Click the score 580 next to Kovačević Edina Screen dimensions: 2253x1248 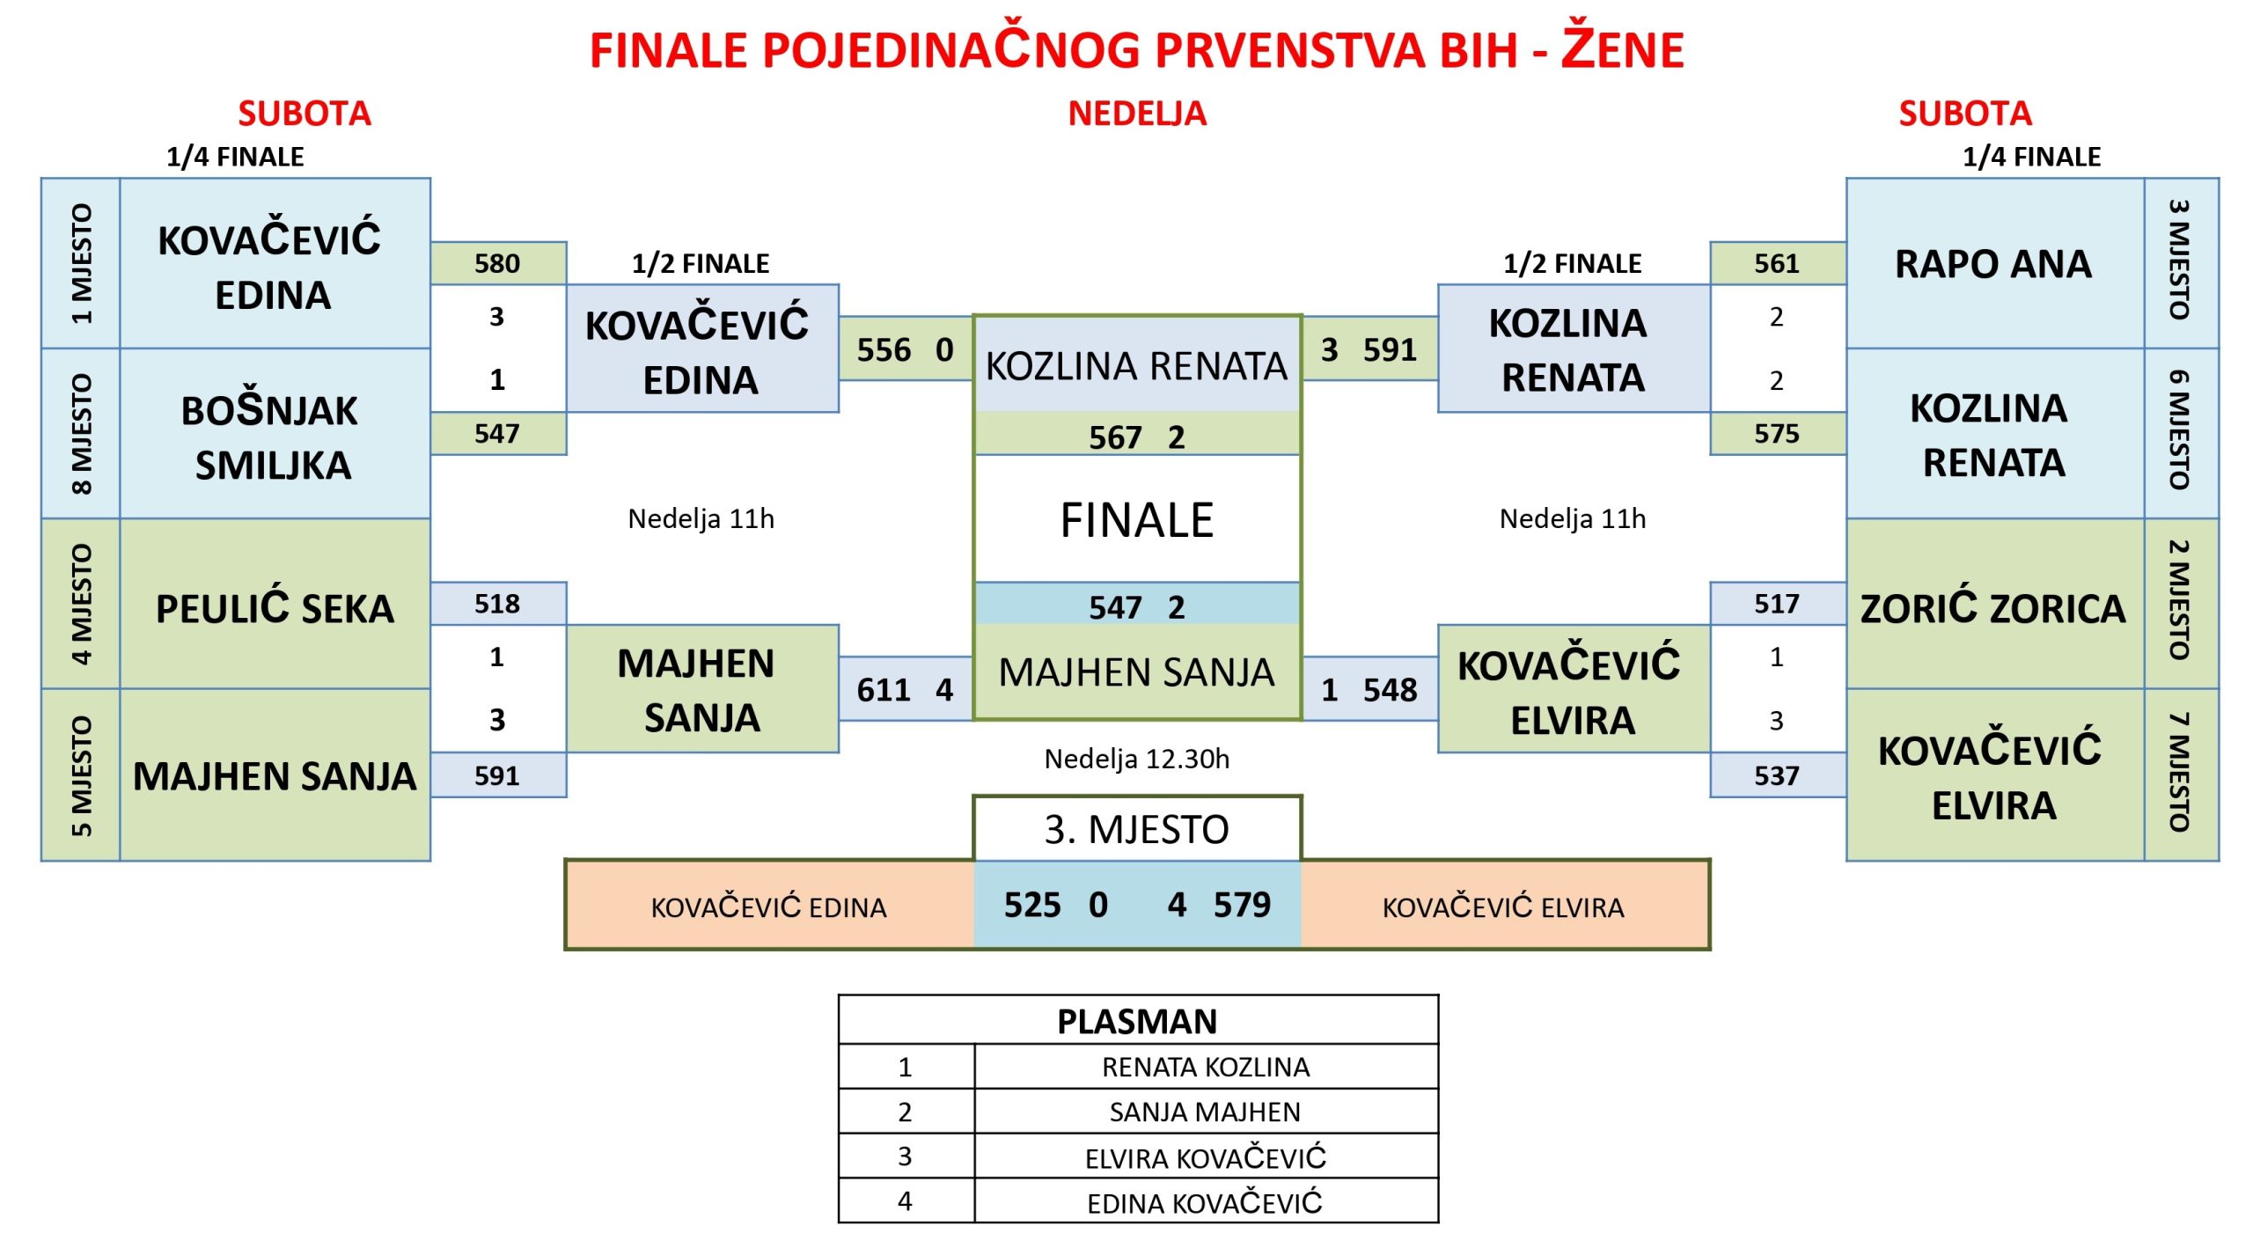pos(497,263)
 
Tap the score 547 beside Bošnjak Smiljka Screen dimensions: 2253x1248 pos(497,433)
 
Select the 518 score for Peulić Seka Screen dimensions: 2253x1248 pos(497,604)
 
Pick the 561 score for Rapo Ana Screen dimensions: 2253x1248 pos(1777,263)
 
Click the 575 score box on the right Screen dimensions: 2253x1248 pos(1777,433)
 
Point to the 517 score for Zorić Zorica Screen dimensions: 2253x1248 pos(1777,604)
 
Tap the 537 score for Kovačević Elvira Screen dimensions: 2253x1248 pos(1777,775)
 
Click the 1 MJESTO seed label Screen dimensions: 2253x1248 pos(81,263)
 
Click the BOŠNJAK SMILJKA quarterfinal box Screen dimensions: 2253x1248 pos(275,434)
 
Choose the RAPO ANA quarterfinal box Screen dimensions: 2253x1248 pos(1995,263)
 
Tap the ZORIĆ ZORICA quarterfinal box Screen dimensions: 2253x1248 pos(1995,604)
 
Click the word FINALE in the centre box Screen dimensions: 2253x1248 pos(1137,520)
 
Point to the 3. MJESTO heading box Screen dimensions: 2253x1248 pos(1137,829)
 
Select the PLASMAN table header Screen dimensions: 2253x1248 pos(1138,1021)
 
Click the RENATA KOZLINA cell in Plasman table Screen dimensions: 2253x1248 pos(1206,1067)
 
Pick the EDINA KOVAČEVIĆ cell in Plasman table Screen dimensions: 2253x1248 pos(1206,1201)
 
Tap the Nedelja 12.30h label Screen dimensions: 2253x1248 pos(1137,759)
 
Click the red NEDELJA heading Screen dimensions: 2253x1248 pos(1137,114)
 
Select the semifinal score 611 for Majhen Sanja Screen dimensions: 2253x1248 pos(884,689)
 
